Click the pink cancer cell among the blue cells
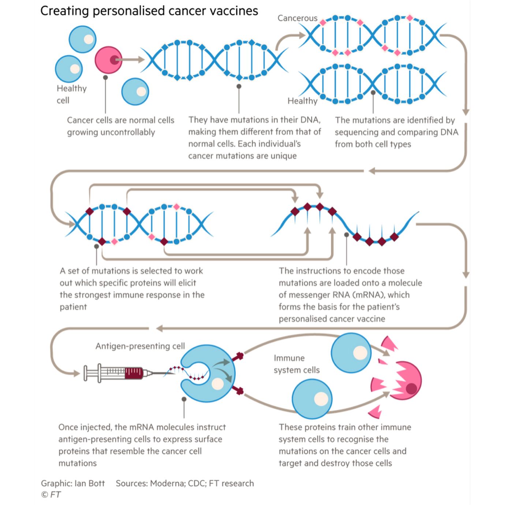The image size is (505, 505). pos(108,60)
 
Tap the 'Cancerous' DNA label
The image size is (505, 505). pos(297,18)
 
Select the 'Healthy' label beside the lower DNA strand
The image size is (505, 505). pos(302,101)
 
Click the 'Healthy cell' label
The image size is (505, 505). pos(71,94)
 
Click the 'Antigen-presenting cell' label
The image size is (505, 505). pos(140,346)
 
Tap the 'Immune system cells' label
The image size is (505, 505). pos(296,364)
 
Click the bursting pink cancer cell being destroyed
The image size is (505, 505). pos(403,381)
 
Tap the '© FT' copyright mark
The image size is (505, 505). pos(51,494)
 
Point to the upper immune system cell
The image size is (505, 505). pos(351,353)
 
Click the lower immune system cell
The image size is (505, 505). pos(312,399)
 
